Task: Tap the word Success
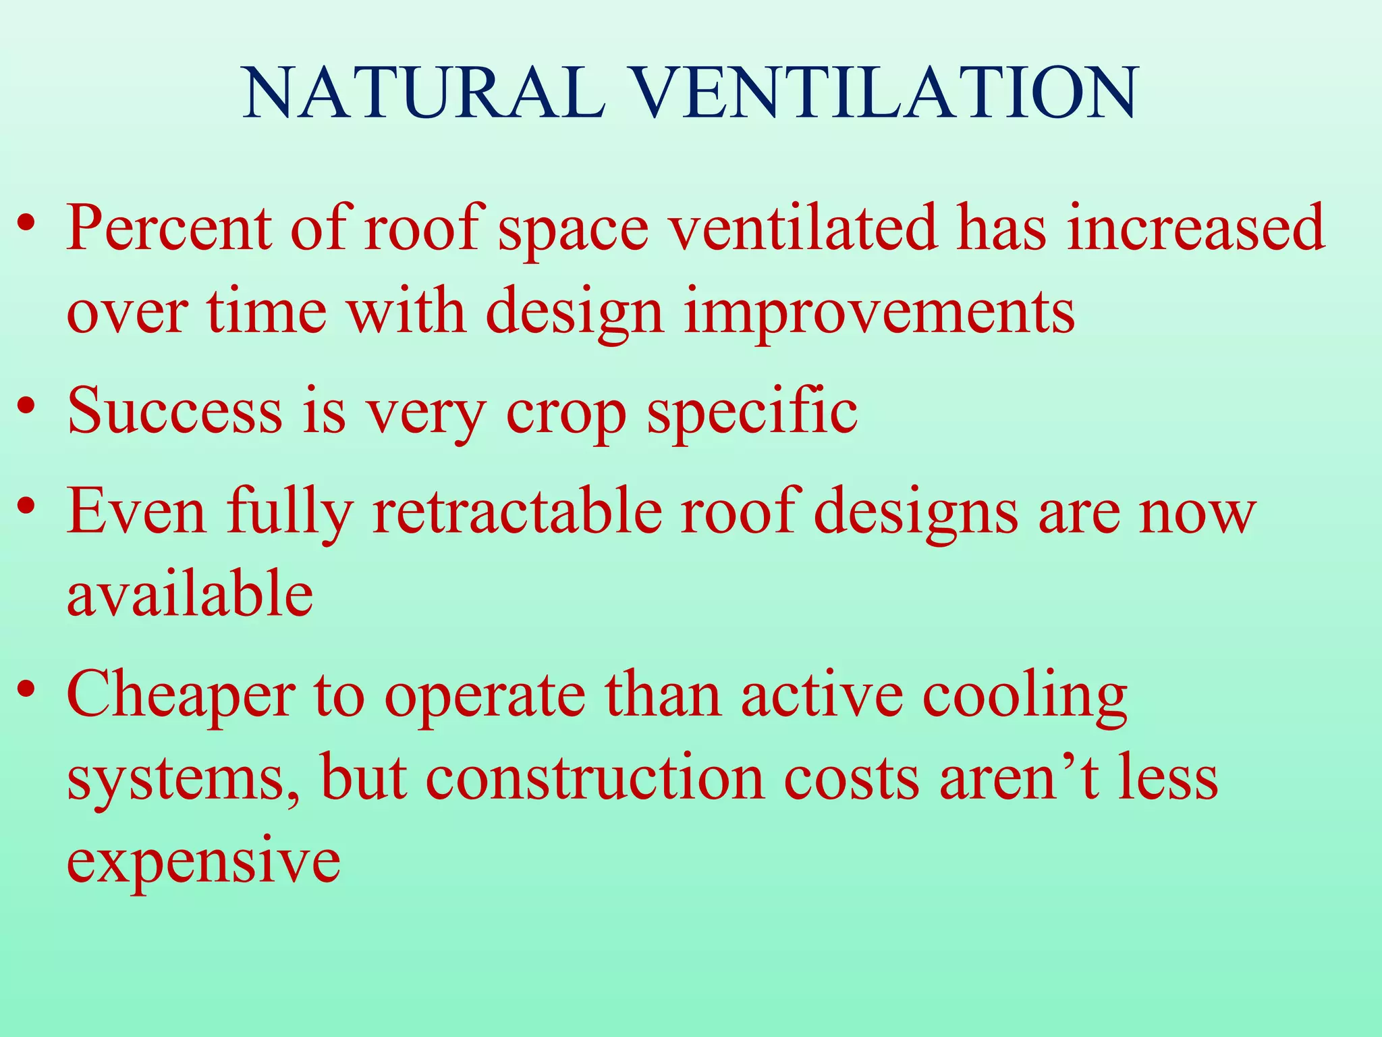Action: coord(175,410)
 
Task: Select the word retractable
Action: coord(517,512)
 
